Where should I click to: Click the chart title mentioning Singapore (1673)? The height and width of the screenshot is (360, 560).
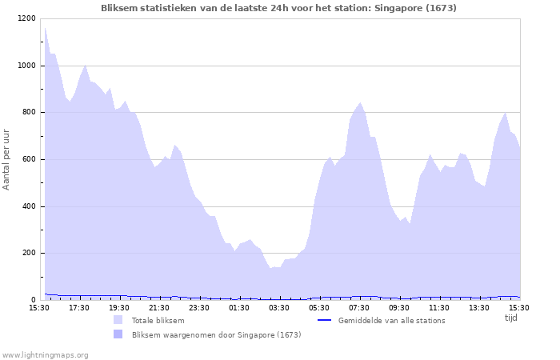click(x=279, y=8)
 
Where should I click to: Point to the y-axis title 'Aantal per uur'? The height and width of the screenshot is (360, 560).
click(x=7, y=158)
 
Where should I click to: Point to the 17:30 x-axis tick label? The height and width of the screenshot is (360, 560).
click(x=78, y=307)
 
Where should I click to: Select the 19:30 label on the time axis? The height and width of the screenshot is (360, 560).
click(x=118, y=307)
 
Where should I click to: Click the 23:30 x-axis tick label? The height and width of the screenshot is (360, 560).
click(x=198, y=307)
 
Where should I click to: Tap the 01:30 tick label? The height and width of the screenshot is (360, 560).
click(x=238, y=307)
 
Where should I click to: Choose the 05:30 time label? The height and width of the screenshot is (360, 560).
click(x=318, y=307)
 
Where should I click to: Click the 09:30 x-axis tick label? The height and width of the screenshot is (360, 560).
click(x=398, y=307)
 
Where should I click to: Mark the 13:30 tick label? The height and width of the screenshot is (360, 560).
click(x=478, y=307)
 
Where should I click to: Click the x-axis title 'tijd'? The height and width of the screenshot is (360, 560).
click(x=511, y=317)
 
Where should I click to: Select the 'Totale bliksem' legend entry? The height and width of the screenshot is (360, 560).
click(x=158, y=321)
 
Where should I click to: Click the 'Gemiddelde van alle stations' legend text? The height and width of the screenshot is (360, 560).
click(x=391, y=321)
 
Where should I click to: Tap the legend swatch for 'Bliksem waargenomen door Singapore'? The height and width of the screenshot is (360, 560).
click(x=118, y=334)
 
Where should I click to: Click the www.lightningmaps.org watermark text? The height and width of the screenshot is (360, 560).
click(x=45, y=354)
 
